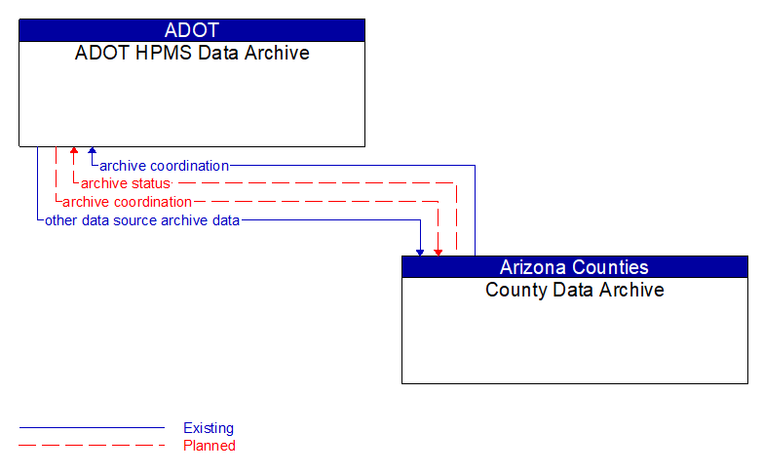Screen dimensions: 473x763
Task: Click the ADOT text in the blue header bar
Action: (192, 30)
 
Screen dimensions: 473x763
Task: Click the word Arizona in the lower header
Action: (534, 267)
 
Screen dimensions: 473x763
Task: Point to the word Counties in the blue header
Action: (612, 267)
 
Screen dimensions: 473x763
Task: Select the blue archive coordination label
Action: (164, 166)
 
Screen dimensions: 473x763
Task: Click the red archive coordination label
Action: (127, 202)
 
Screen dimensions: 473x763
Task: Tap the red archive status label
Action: (125, 183)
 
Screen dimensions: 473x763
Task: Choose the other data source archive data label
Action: (142, 220)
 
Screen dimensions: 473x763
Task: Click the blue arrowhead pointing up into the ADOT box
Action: (92, 152)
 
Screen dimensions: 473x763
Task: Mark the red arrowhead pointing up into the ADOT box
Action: (74, 152)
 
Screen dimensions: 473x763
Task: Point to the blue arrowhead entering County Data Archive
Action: (420, 252)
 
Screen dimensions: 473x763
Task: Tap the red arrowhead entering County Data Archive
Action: (439, 252)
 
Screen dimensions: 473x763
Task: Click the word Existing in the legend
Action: (209, 428)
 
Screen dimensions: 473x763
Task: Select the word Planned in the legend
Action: (210, 446)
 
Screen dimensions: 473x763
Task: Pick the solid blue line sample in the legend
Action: (92, 428)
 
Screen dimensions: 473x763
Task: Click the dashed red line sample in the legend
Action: (92, 446)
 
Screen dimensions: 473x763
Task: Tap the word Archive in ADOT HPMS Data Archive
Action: (276, 53)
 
